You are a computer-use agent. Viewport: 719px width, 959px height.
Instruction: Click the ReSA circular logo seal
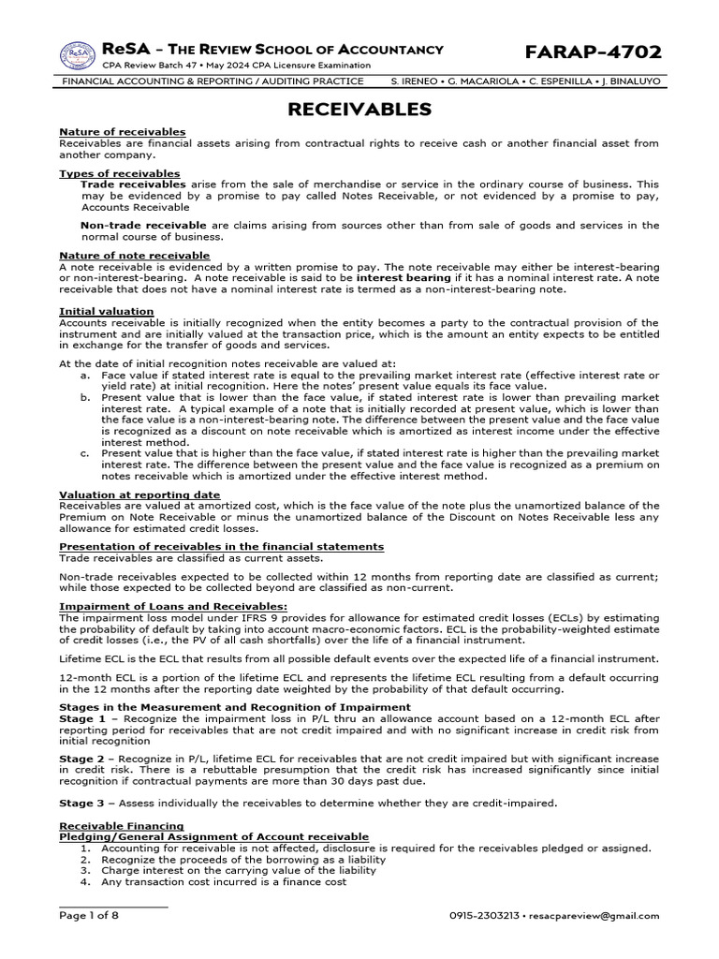pos(79,55)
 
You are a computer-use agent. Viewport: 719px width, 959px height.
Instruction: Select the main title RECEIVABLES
pos(359,110)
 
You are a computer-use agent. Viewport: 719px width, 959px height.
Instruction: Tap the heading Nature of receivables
pos(122,132)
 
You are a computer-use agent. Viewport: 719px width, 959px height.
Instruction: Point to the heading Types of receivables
pos(120,173)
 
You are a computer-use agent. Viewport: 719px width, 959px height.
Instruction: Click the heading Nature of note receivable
pos(135,256)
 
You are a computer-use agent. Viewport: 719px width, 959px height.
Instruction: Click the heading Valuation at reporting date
pos(139,494)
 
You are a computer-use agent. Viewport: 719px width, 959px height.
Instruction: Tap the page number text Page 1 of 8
pos(89,916)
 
